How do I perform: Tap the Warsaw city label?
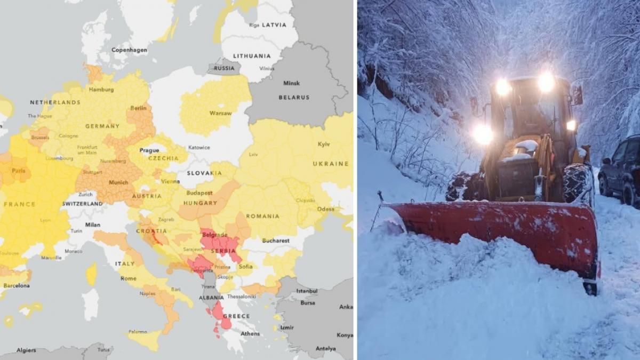click(220, 113)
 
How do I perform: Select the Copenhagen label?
click(129, 50)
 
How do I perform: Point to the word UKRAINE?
click(331, 164)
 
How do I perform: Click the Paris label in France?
click(19, 171)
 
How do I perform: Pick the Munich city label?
click(118, 182)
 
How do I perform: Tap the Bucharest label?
click(276, 241)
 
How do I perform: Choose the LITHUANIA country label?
click(252, 55)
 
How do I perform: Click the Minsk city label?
click(291, 83)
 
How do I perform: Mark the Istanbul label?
click(307, 291)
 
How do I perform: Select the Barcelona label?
click(16, 286)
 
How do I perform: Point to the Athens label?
click(250, 334)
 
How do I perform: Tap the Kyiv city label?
click(324, 144)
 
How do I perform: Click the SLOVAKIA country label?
click(204, 173)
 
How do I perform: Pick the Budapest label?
click(199, 193)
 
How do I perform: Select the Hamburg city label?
click(101, 90)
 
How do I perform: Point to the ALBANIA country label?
click(211, 298)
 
